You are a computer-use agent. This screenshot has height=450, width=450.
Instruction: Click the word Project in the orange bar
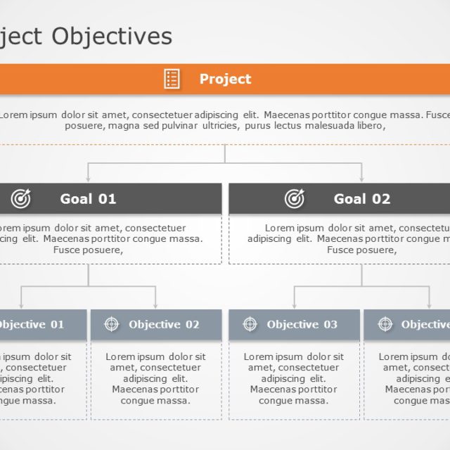pyautogui.click(x=225, y=79)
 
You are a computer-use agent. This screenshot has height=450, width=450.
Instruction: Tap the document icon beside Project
pyautogui.click(x=172, y=79)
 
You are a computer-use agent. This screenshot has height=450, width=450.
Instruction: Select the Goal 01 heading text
pyautogui.click(x=88, y=199)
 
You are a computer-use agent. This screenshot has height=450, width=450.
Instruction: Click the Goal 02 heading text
pyautogui.click(x=361, y=199)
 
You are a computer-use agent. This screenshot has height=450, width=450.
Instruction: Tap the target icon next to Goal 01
pyautogui.click(x=21, y=199)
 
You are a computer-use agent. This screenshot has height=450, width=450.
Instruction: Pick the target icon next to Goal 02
pyautogui.click(x=295, y=199)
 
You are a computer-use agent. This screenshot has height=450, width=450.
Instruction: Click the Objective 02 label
pyautogui.click(x=164, y=324)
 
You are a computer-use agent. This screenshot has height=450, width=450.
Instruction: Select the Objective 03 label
pyautogui.click(x=302, y=324)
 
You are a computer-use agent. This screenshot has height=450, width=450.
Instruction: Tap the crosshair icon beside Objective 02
pyautogui.click(x=111, y=324)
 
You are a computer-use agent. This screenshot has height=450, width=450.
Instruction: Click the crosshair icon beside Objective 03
pyautogui.click(x=250, y=324)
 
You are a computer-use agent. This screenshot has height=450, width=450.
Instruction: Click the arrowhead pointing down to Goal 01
pyautogui.click(x=88, y=179)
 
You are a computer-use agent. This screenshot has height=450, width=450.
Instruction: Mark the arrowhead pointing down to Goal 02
pyautogui.click(x=361, y=179)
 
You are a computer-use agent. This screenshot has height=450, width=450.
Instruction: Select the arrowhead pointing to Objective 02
pyautogui.click(x=156, y=305)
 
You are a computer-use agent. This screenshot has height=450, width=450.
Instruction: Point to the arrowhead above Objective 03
pyautogui.click(x=294, y=305)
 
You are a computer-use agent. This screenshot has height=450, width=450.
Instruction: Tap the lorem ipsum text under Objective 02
pyautogui.click(x=155, y=378)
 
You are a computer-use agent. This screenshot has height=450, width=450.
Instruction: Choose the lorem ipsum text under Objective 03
pyautogui.click(x=293, y=378)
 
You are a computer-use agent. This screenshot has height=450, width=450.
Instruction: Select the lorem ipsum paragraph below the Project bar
pyautogui.click(x=225, y=120)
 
